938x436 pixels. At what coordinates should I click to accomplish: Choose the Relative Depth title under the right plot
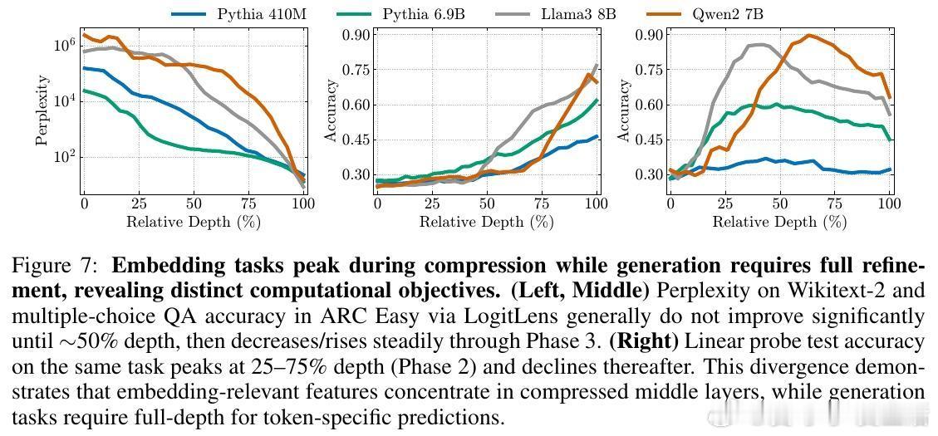click(779, 222)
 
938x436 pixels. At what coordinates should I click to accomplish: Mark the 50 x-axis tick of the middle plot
click(487, 203)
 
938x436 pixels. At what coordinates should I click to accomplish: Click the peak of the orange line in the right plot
click(808, 36)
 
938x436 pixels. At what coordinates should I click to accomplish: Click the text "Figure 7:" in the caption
click(56, 267)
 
